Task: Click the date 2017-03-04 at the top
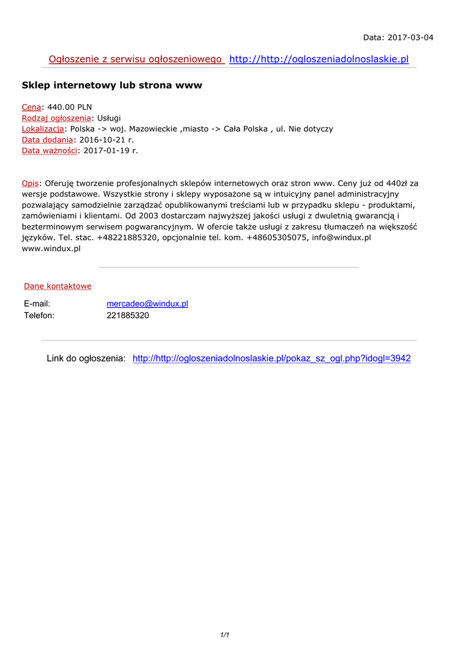(410, 37)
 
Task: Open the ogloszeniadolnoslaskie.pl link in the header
(319, 59)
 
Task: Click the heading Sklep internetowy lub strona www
(112, 85)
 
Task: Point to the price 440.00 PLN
(69, 107)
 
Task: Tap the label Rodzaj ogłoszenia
(56, 118)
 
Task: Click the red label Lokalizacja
(43, 129)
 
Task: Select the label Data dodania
(47, 139)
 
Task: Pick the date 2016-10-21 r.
(107, 139)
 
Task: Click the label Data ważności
(49, 150)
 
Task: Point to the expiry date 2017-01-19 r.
(110, 150)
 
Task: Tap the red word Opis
(30, 183)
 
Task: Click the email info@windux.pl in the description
(341, 238)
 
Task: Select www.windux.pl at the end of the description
(51, 249)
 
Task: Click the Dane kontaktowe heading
(57, 286)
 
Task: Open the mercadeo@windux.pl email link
(147, 303)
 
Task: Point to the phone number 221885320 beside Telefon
(128, 315)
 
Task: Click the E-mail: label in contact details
(37, 303)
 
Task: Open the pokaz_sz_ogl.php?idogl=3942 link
(272, 358)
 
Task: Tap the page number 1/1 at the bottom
(224, 635)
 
